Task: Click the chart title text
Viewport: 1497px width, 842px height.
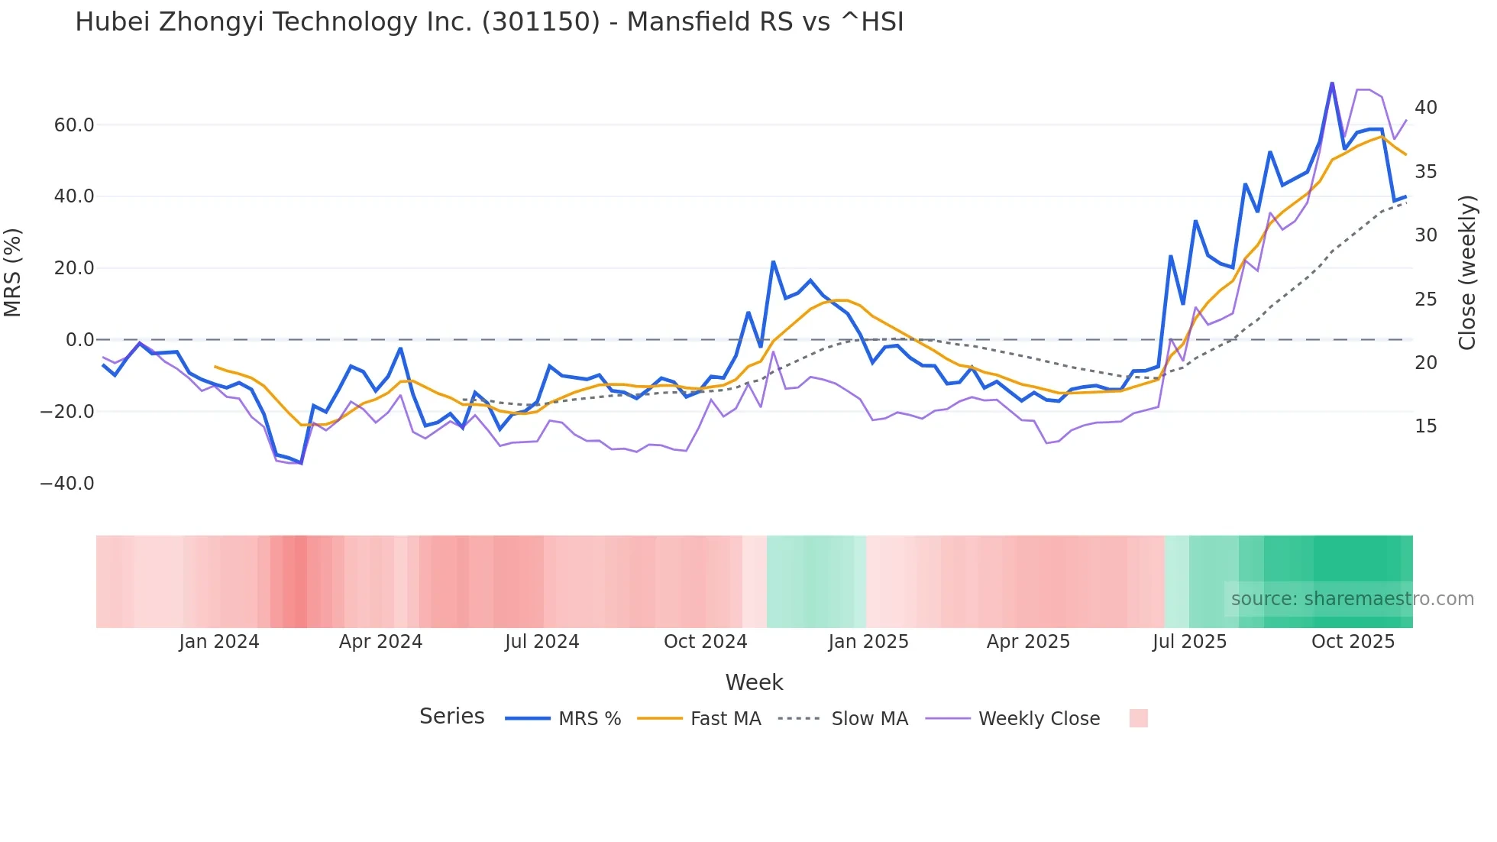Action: tap(489, 22)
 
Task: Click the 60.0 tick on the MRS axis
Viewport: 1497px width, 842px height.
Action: tap(74, 125)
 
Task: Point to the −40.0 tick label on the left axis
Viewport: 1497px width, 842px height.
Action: tap(67, 484)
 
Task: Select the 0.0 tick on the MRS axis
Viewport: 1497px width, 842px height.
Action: tap(80, 340)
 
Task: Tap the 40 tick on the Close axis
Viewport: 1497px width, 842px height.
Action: tap(1425, 108)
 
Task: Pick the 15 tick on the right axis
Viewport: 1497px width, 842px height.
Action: tap(1425, 426)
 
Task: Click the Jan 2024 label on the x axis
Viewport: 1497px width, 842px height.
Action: tap(219, 642)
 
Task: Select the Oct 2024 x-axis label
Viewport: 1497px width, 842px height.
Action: tap(705, 642)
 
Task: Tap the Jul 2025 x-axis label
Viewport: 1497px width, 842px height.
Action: tap(1189, 642)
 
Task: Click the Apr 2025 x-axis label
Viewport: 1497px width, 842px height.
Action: tap(1028, 642)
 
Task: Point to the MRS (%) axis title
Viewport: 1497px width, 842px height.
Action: tap(13, 272)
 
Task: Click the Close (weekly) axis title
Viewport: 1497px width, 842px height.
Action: tap(1467, 272)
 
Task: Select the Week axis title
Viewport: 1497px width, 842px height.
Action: tap(754, 682)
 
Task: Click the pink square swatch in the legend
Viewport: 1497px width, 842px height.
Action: tap(1138, 718)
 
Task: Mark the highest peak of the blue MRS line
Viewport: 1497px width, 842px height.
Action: tap(1332, 83)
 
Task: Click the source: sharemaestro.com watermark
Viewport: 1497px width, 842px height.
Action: tap(1352, 599)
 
